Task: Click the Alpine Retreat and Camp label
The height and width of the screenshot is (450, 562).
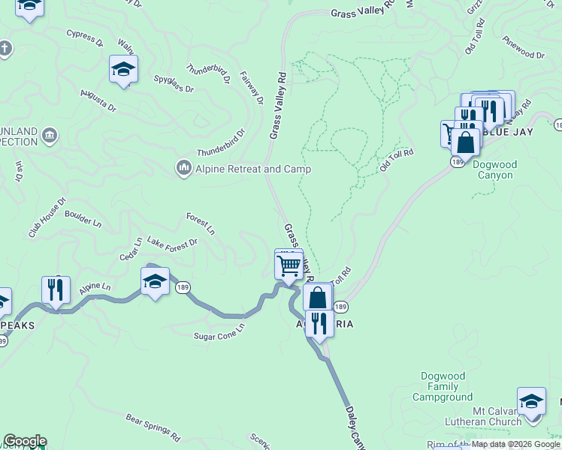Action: pos(253,169)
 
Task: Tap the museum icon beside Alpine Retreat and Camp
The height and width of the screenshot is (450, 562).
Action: pos(183,169)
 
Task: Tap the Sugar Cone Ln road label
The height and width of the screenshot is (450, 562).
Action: pos(219,332)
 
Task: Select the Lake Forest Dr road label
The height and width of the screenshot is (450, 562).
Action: pos(172,242)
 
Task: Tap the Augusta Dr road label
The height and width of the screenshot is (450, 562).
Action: pos(98,102)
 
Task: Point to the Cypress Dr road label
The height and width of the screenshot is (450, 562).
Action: pos(84,38)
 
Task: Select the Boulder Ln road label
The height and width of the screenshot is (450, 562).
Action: pos(83,218)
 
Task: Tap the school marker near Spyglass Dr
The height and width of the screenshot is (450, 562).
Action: pos(123,70)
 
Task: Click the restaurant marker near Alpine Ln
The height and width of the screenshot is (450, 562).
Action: pos(56,289)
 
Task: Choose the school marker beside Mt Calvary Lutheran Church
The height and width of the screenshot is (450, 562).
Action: pos(531,400)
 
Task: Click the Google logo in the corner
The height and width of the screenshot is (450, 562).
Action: pos(25,441)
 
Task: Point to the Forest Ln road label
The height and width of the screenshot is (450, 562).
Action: pos(201,223)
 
